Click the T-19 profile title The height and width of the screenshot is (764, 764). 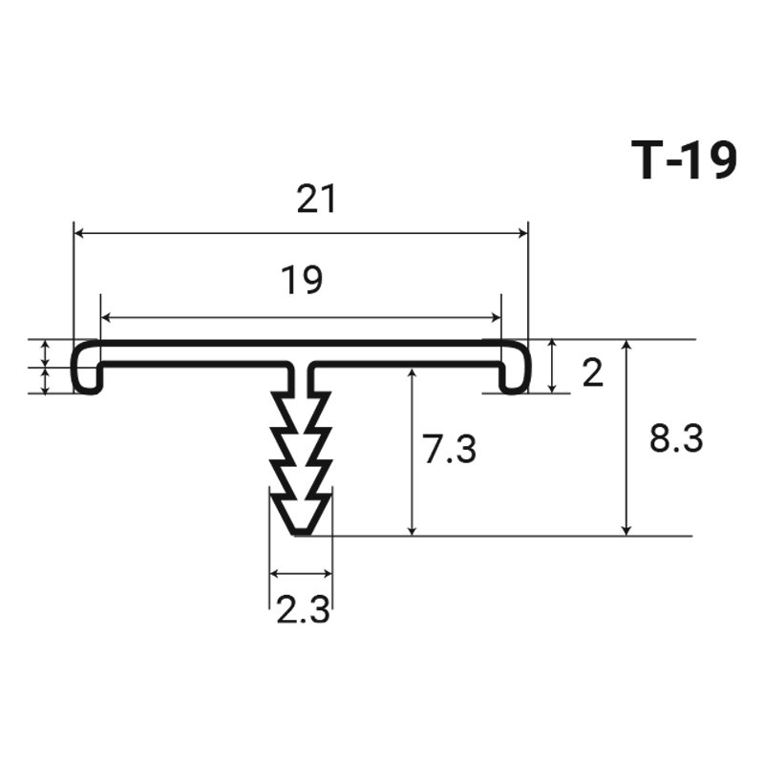(684, 160)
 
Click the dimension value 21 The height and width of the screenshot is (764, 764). (316, 199)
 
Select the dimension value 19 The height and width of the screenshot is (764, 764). (302, 280)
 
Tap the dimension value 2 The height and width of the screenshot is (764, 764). (593, 373)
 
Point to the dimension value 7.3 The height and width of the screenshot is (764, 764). (449, 449)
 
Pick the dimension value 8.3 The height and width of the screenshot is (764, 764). (676, 438)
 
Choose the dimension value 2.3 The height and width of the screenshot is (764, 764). (303, 609)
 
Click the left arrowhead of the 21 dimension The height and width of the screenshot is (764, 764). (78, 233)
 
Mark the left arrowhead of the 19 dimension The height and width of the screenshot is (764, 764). (105, 318)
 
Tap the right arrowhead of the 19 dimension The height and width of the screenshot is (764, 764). (496, 318)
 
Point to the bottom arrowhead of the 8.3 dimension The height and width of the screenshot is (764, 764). (627, 530)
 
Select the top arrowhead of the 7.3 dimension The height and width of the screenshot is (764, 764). (413, 374)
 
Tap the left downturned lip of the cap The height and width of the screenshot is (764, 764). (88, 379)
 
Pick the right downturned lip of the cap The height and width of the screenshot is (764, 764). (515, 379)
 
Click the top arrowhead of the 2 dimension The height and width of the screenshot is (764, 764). (552, 345)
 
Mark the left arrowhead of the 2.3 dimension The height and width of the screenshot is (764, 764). (275, 574)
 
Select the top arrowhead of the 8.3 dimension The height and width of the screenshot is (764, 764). (627, 345)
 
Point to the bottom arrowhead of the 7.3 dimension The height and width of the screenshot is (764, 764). (413, 530)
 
